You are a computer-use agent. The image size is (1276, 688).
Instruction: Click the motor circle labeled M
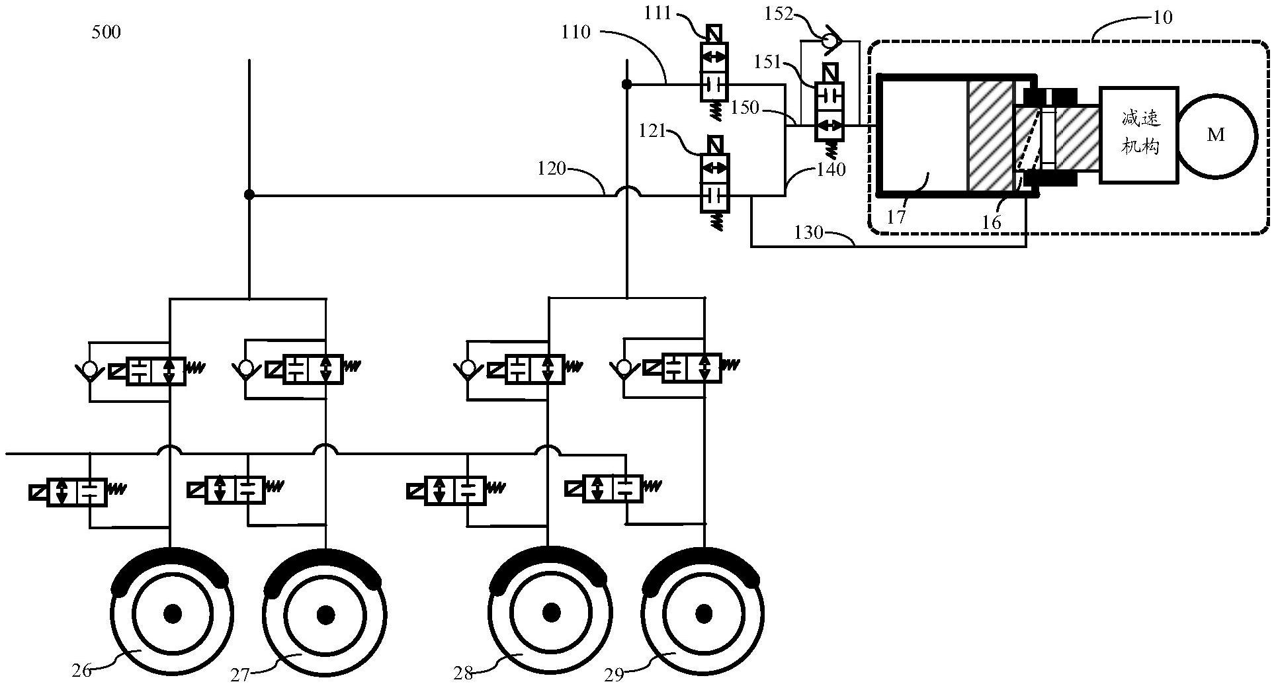(1215, 136)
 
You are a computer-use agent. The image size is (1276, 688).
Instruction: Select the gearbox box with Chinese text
(1139, 134)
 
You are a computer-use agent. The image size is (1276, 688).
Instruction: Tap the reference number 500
(106, 32)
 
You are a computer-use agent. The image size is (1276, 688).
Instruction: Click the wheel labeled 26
(173, 613)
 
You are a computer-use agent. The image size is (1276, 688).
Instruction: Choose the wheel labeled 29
(703, 614)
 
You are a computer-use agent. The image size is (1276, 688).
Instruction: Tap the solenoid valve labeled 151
(829, 110)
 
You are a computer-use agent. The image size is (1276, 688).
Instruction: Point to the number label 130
(808, 232)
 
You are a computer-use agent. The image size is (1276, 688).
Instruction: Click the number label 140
(831, 170)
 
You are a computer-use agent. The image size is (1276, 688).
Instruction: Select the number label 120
(552, 169)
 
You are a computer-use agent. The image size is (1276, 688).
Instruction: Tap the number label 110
(575, 32)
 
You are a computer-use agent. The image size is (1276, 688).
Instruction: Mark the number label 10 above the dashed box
(1162, 17)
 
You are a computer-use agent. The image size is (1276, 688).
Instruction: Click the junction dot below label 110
(626, 85)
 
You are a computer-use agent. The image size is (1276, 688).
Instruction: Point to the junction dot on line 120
(249, 194)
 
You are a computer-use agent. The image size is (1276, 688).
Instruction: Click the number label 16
(991, 222)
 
